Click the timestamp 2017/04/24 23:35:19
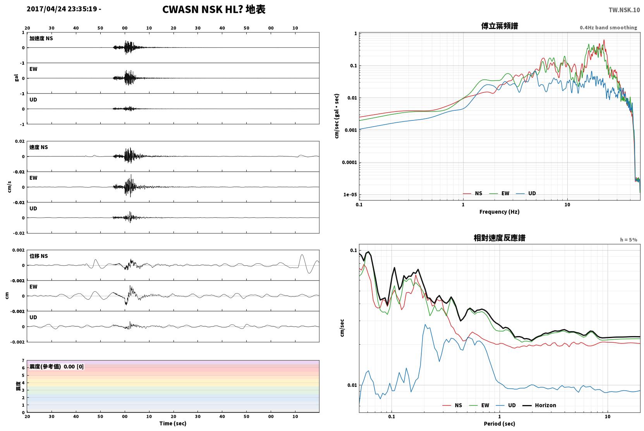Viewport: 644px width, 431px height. click(x=62, y=9)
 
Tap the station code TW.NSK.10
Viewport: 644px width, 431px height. click(x=624, y=10)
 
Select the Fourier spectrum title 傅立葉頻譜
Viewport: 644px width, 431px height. click(x=500, y=26)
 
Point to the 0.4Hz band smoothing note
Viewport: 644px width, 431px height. click(x=608, y=27)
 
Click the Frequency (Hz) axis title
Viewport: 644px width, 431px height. click(x=500, y=212)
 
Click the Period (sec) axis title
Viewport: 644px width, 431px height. click(x=500, y=424)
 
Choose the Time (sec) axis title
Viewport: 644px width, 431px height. click(x=173, y=423)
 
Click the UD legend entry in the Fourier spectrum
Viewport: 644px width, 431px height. click(x=526, y=193)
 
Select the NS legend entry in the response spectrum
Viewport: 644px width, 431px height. click(x=452, y=405)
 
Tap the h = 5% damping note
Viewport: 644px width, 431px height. click(x=629, y=240)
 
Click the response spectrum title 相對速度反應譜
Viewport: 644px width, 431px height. click(x=500, y=238)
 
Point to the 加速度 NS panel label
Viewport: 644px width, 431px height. click(x=41, y=38)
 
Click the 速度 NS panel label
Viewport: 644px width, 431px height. click(x=38, y=147)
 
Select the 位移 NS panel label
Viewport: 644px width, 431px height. click(x=38, y=256)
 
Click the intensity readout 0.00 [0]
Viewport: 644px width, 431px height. click(x=74, y=367)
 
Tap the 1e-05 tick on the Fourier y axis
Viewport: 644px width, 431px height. click(x=350, y=195)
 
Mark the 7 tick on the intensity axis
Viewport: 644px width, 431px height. click(x=23, y=361)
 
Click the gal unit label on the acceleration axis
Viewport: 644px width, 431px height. click(x=16, y=78)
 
